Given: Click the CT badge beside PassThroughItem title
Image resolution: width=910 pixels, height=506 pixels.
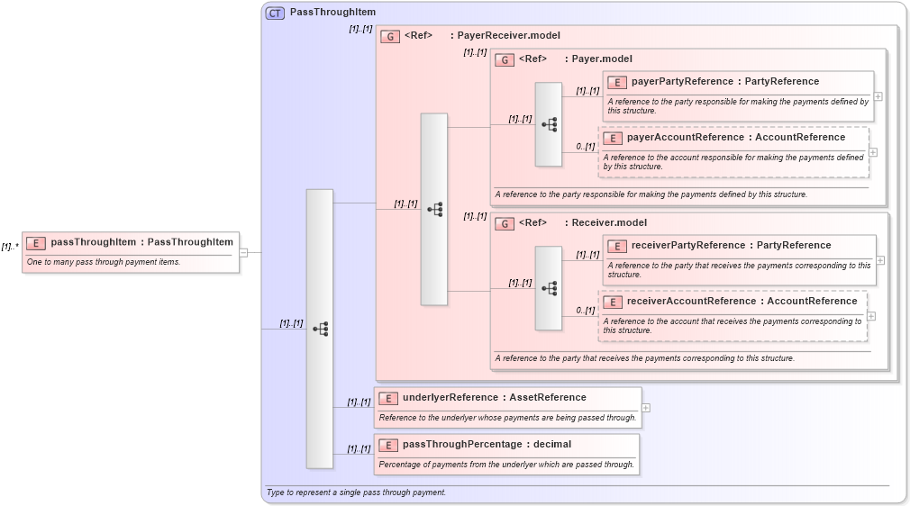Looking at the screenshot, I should (x=275, y=13).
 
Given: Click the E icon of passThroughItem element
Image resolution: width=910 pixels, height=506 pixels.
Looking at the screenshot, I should (x=36, y=242).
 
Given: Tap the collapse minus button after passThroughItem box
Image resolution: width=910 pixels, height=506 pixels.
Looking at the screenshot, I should (x=243, y=253).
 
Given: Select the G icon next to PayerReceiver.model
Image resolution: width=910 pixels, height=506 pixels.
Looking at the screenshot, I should (x=390, y=36).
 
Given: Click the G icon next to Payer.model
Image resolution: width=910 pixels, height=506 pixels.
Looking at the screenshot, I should (x=505, y=59).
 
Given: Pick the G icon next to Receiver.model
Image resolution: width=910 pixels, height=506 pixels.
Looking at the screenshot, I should (x=505, y=223).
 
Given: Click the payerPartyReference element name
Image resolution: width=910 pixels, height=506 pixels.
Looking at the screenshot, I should (x=680, y=82).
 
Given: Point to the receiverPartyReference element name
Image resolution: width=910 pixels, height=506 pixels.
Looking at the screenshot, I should (x=686, y=246).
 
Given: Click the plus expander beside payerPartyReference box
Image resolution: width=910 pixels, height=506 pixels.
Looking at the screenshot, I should (x=878, y=96).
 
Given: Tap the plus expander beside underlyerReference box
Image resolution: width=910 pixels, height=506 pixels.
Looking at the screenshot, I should (x=646, y=408).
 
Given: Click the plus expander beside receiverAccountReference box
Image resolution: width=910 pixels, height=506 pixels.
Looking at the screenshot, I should (x=871, y=316).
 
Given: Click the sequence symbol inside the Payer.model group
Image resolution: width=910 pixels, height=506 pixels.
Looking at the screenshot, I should (x=549, y=125).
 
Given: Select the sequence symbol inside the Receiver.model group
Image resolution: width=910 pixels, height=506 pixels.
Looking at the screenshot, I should (x=549, y=289).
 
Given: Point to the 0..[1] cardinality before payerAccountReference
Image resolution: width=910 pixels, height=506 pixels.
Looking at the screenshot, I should (x=586, y=147).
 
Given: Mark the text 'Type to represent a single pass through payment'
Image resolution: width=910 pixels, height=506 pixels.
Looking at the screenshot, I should (x=356, y=492).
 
